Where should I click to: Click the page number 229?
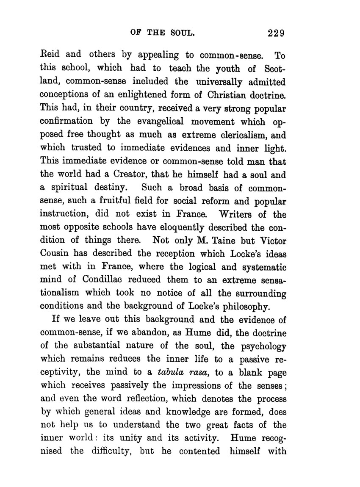pos(274,33)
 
